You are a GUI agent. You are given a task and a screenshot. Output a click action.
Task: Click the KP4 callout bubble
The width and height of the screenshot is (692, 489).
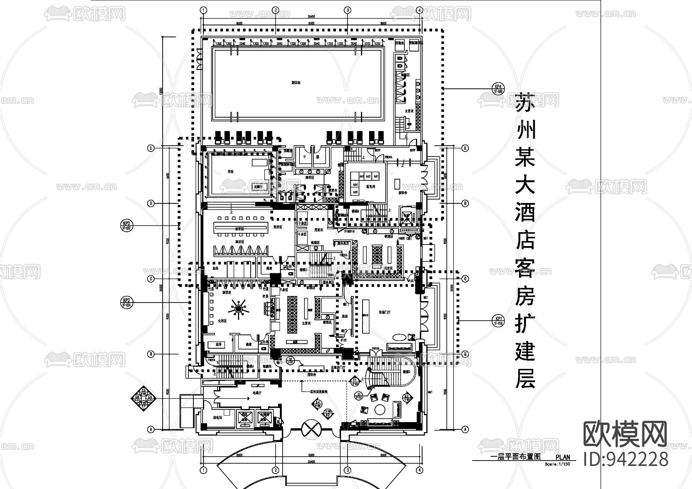pyautogui.click(x=498, y=89)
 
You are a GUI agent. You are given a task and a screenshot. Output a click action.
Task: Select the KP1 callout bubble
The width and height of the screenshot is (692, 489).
pyautogui.click(x=498, y=320)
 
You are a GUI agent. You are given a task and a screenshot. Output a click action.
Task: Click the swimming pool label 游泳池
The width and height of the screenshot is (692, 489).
pyautogui.click(x=296, y=82)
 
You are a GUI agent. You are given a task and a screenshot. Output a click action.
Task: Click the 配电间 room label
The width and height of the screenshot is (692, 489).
pyautogui.click(x=370, y=186)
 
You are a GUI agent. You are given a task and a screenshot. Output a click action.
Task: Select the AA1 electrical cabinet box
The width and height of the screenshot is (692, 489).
pyautogui.click(x=376, y=176)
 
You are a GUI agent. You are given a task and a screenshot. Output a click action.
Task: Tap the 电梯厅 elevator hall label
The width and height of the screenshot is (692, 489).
pyautogui.click(x=257, y=393)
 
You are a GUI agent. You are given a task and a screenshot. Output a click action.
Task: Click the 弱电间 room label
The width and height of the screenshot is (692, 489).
pyautogui.click(x=217, y=417)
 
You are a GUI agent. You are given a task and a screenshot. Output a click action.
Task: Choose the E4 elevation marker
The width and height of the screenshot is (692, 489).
pyautogui.click(x=318, y=404)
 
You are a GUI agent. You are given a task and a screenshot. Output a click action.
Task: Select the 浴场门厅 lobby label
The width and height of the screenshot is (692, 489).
pyautogui.click(x=384, y=313)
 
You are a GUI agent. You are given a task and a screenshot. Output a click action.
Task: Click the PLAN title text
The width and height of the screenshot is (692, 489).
pyautogui.click(x=563, y=457)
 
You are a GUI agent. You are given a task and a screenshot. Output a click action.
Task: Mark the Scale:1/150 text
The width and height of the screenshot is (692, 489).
pyautogui.click(x=557, y=464)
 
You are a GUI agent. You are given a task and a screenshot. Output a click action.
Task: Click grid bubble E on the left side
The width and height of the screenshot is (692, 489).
pyautogui.click(x=151, y=148)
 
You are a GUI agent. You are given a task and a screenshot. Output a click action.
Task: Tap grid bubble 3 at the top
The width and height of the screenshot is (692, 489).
pyautogui.click(x=347, y=10)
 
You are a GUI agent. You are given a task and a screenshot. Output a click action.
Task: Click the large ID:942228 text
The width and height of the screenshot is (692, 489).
pyautogui.click(x=626, y=459)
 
